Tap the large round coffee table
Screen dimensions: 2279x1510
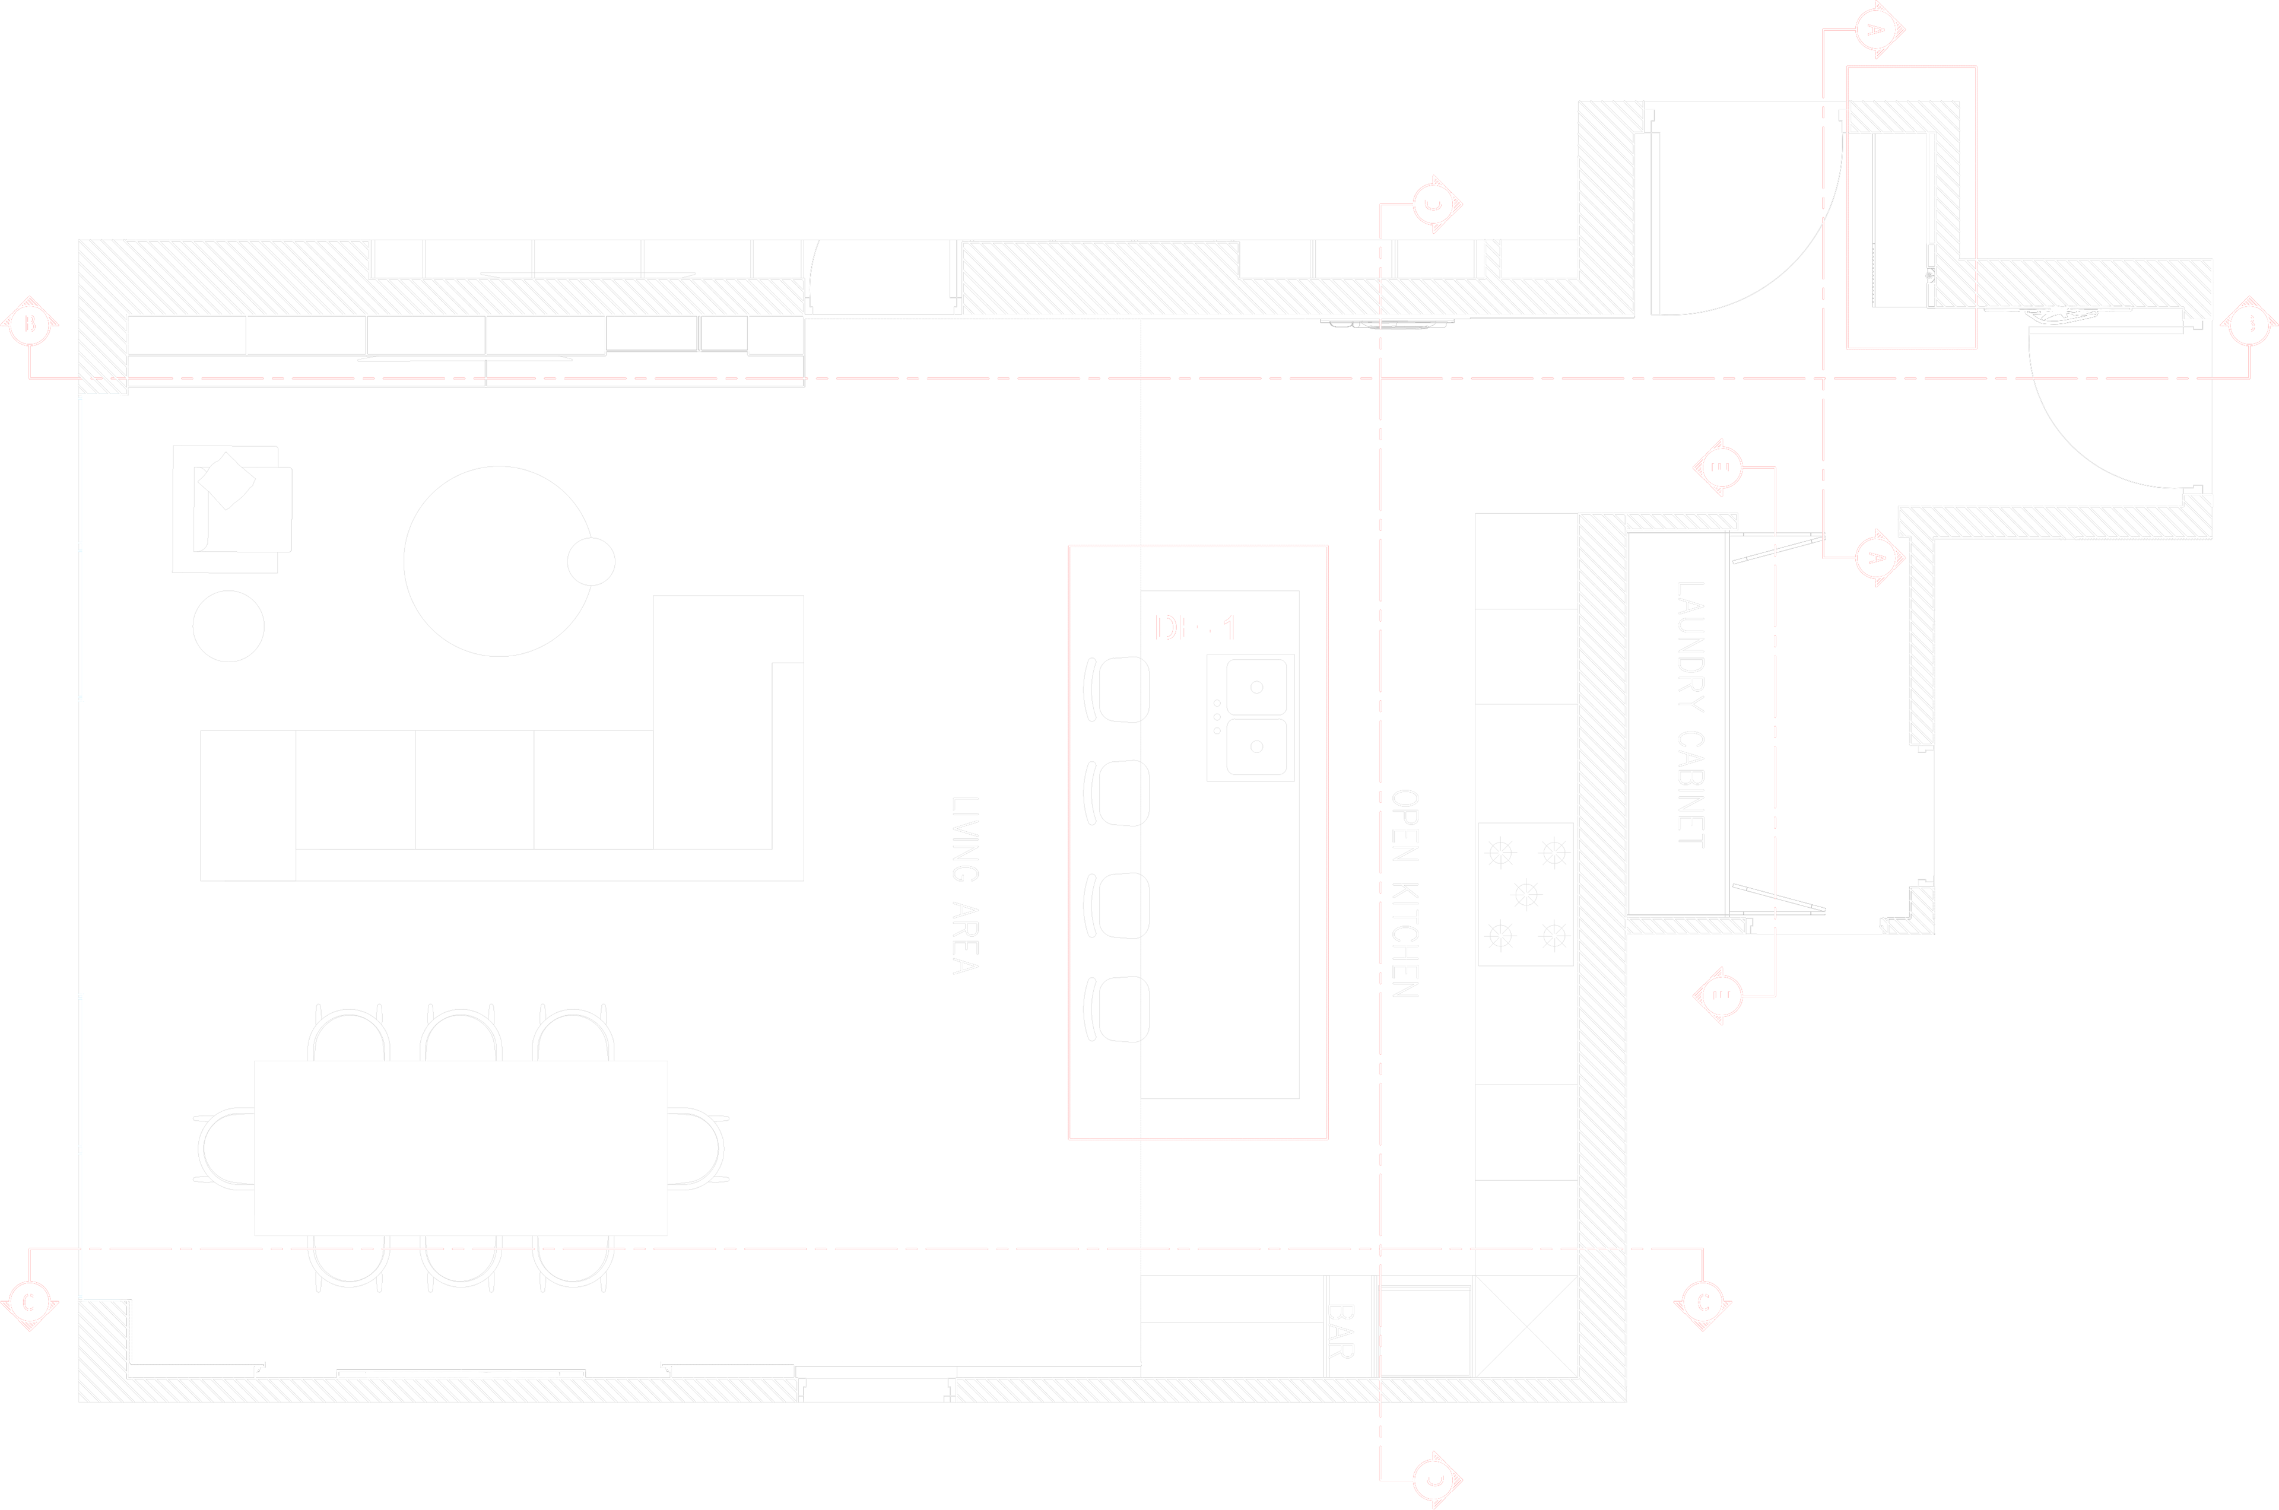[x=497, y=561]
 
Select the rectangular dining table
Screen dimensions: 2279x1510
[x=461, y=1148]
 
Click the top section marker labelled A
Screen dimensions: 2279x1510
[x=1874, y=30]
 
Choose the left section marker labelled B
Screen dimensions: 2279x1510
[x=30, y=325]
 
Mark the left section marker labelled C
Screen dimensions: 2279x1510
[x=30, y=1303]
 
